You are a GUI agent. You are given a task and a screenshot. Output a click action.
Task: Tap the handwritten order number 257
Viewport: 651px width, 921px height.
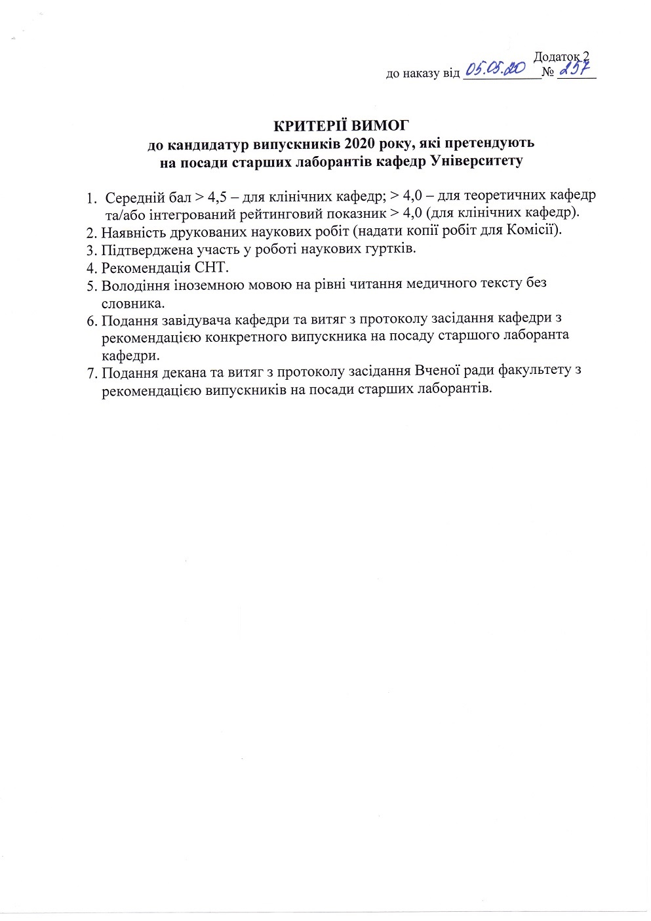click(573, 68)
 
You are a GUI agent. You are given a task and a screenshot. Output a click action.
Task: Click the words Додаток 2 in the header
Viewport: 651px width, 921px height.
click(561, 56)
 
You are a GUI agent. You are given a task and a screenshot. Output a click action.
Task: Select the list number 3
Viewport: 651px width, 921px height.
click(91, 249)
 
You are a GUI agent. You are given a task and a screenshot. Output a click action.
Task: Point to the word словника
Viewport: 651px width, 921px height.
click(133, 303)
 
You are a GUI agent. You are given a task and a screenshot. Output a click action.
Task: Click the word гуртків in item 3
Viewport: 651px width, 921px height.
click(393, 249)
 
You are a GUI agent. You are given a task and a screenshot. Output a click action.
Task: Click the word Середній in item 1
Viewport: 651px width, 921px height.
click(133, 197)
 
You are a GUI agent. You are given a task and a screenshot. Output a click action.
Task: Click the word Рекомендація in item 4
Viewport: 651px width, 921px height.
click(146, 267)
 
